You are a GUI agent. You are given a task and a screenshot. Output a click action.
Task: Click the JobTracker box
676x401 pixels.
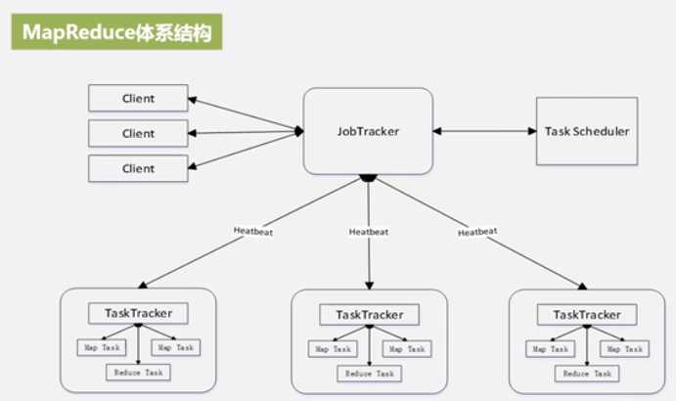(x=367, y=130)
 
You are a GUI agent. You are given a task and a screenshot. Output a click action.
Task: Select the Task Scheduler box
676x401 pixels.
(x=586, y=130)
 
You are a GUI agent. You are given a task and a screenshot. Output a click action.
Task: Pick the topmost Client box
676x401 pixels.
(x=138, y=98)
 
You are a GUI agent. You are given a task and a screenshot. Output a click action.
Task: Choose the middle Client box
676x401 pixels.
(x=138, y=133)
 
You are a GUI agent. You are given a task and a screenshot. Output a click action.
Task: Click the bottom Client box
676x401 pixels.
(x=138, y=167)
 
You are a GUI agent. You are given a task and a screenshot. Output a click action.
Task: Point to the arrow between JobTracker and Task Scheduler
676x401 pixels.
(x=483, y=130)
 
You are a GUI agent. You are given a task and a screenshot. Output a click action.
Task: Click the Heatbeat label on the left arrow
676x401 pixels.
(x=254, y=231)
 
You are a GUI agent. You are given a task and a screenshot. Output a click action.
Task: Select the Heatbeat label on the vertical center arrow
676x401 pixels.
(x=368, y=232)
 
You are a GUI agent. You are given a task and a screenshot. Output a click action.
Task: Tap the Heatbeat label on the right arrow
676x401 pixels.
(x=476, y=232)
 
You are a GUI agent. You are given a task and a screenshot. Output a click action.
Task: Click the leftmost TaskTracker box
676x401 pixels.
(x=138, y=314)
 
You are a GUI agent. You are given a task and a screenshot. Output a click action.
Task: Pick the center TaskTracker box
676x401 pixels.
(x=369, y=315)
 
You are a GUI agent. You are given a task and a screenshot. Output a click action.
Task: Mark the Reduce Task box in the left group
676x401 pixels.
(x=138, y=372)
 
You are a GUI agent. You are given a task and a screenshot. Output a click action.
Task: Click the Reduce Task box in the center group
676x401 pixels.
(x=369, y=373)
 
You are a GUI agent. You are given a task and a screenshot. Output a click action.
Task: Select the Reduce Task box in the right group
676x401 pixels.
(x=587, y=373)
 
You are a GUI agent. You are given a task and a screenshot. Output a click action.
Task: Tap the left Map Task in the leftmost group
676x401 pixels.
(x=102, y=347)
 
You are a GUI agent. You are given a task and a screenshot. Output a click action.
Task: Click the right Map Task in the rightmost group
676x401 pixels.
(x=622, y=348)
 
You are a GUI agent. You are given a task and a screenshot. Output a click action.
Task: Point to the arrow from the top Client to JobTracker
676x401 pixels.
(x=245, y=113)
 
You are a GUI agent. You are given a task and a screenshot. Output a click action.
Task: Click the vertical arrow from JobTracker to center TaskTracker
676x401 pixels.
(x=369, y=259)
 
